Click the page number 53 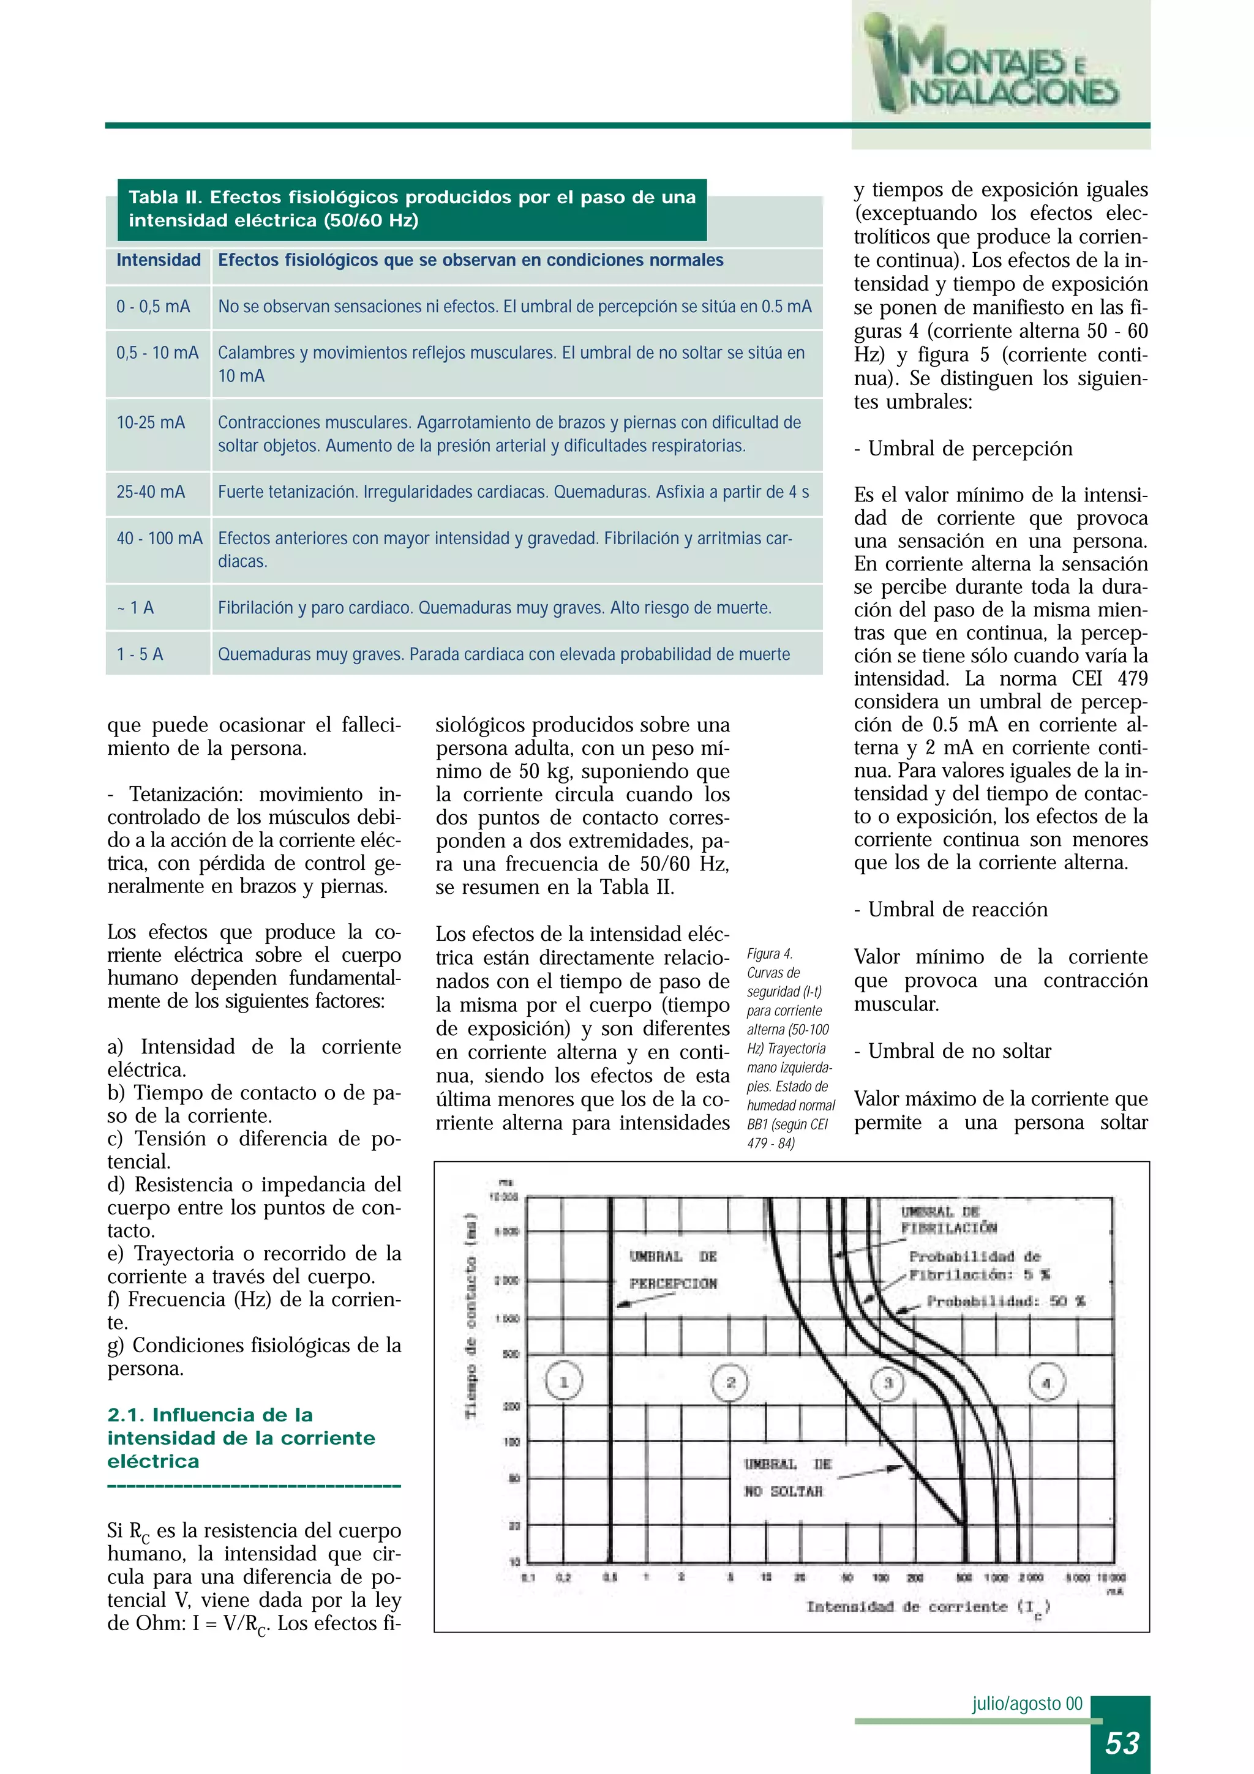(1122, 1742)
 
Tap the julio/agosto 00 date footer (1027, 1704)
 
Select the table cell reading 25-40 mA (151, 492)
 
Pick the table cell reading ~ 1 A (137, 608)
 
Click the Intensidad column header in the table (159, 260)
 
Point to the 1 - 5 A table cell (140, 654)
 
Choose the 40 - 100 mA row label (159, 539)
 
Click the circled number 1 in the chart (564, 1382)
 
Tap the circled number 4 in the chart (1046, 1383)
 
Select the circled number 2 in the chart (730, 1382)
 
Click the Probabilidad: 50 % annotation (1006, 1301)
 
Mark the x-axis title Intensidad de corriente (927, 1607)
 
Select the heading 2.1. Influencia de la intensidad (241, 1438)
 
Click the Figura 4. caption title (770, 954)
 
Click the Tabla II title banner (412, 209)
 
